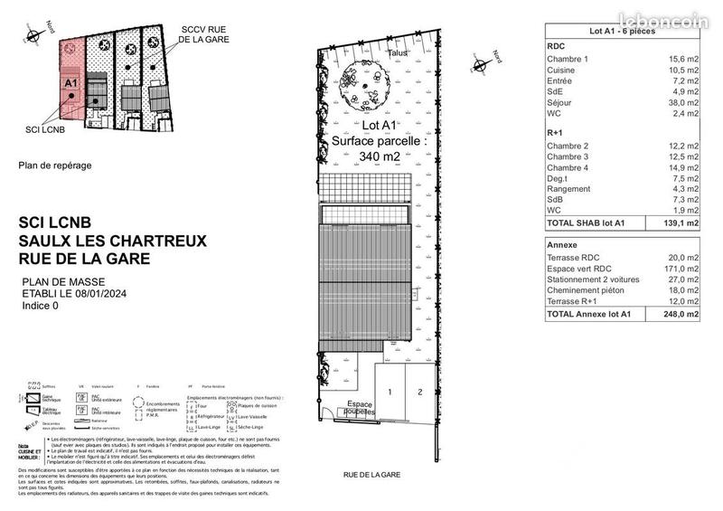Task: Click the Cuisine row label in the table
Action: tap(563, 70)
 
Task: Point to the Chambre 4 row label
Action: tap(568, 167)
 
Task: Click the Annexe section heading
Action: tap(563, 245)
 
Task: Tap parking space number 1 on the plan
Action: tap(390, 392)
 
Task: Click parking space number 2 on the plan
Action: tap(419, 392)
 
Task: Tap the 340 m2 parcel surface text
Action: tap(379, 156)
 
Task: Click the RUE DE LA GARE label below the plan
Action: tap(372, 473)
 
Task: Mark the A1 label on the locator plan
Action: tap(70, 82)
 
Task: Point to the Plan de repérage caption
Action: tap(54, 166)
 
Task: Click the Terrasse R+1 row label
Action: tap(572, 301)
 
